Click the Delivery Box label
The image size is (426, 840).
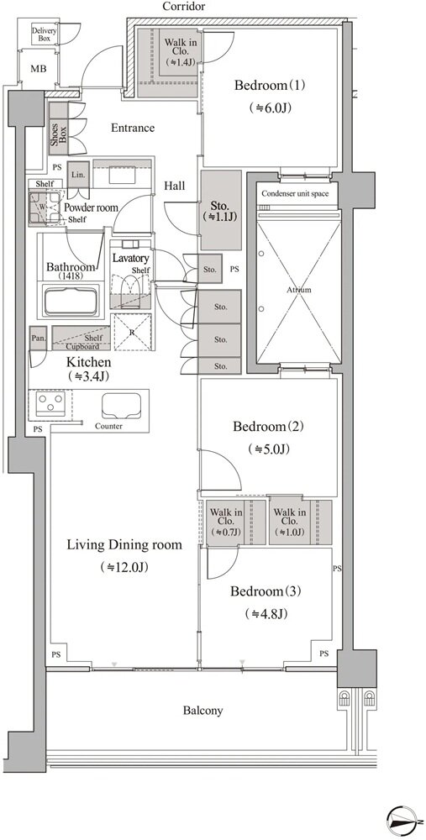point(44,34)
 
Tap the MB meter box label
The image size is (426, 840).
point(38,70)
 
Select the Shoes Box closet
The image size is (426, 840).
point(59,129)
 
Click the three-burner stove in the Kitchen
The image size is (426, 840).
point(50,402)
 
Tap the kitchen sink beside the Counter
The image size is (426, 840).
point(122,405)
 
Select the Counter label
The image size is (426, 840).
point(108,427)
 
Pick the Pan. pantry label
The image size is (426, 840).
point(38,338)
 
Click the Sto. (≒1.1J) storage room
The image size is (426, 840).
point(221,210)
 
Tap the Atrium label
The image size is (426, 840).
point(298,290)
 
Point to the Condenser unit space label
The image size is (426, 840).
point(295,193)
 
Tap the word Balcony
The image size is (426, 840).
point(202,711)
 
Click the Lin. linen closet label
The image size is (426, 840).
point(78,175)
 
